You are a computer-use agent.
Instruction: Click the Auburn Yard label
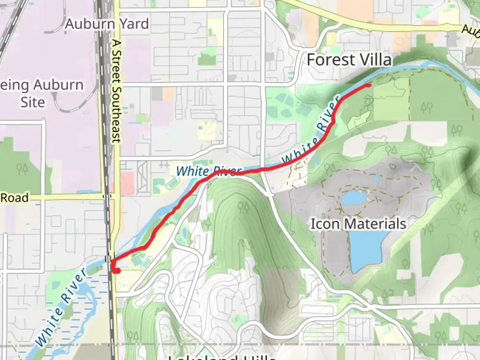click(x=107, y=24)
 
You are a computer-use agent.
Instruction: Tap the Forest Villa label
click(x=349, y=60)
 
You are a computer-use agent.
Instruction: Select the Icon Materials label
click(x=358, y=224)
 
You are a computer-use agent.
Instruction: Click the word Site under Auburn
click(x=32, y=102)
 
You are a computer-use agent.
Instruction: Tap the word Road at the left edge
click(x=14, y=198)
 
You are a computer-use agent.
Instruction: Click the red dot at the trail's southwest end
click(x=116, y=270)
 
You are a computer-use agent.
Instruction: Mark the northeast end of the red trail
click(x=368, y=86)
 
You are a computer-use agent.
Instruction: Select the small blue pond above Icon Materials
click(x=354, y=198)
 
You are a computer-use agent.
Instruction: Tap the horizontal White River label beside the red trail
click(x=208, y=171)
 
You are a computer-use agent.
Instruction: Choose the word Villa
click(x=375, y=60)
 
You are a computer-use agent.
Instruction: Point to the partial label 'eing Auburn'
click(x=42, y=85)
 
